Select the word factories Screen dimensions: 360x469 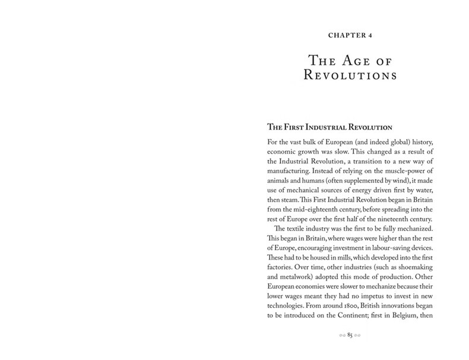coord(279,279)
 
